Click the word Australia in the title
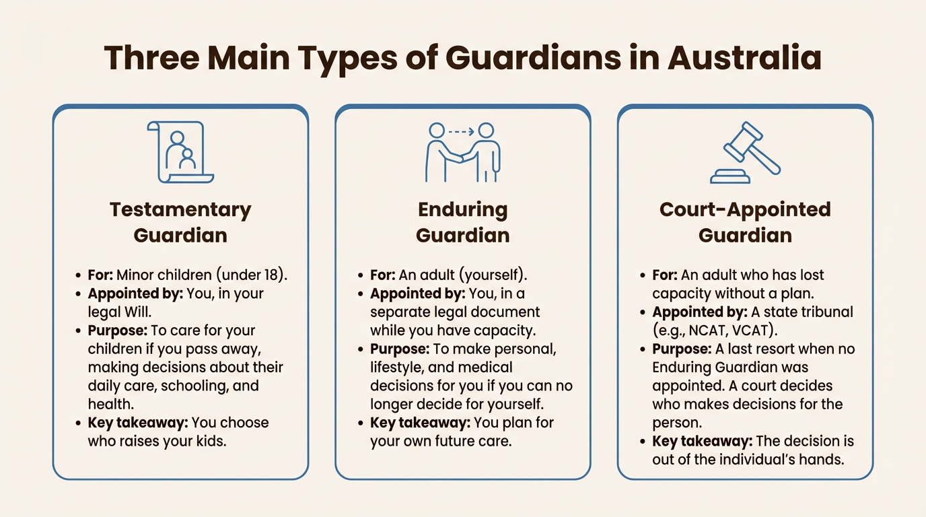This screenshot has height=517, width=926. [x=744, y=57]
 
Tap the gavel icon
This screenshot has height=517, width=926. [x=746, y=152]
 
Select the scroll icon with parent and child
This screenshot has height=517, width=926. [x=180, y=152]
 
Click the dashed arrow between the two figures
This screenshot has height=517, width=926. [x=462, y=132]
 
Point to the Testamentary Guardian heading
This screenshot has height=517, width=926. [x=180, y=223]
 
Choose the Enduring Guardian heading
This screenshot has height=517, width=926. [x=462, y=223]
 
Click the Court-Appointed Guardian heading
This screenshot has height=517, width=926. [x=745, y=223]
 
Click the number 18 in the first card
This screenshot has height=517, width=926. [x=271, y=275]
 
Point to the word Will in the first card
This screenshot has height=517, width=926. [x=137, y=312]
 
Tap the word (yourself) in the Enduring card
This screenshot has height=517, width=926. [x=493, y=275]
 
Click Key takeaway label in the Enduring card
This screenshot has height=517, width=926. [x=420, y=423]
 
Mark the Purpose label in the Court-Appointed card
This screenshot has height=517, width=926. [x=682, y=349]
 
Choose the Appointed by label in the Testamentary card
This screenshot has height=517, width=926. [x=135, y=294]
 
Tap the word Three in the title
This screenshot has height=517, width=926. [x=152, y=57]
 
